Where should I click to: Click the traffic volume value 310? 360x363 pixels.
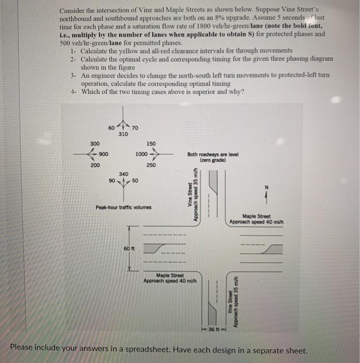click(x=123, y=134)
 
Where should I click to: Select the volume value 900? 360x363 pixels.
click(x=104, y=154)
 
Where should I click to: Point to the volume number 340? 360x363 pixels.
click(x=123, y=174)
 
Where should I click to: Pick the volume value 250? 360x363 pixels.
click(x=151, y=165)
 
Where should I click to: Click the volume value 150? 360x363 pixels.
click(x=151, y=143)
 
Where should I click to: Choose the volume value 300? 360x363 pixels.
click(x=94, y=143)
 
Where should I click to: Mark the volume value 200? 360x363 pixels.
click(x=94, y=165)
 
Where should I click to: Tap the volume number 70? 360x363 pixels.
click(x=135, y=128)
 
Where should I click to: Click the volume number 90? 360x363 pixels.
click(x=112, y=180)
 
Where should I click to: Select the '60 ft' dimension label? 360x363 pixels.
click(x=128, y=248)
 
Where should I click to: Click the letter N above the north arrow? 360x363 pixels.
click(x=266, y=188)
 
